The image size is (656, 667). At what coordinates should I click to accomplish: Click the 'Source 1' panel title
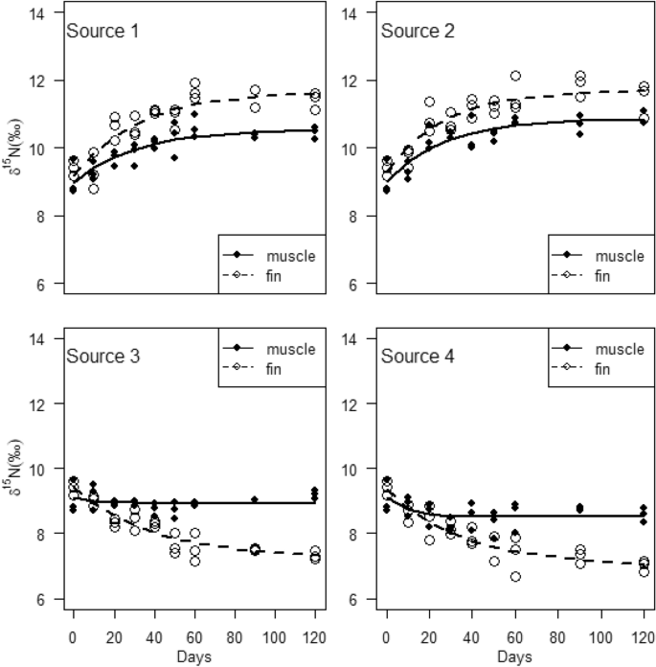click(102, 32)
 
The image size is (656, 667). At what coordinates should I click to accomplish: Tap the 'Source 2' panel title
click(418, 32)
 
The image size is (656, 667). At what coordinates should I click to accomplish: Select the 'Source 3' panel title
click(102, 356)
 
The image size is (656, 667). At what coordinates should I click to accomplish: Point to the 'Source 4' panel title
click(418, 356)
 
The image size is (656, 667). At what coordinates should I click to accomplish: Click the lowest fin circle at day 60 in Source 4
click(515, 577)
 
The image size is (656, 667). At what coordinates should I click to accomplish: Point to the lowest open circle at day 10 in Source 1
click(94, 189)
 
